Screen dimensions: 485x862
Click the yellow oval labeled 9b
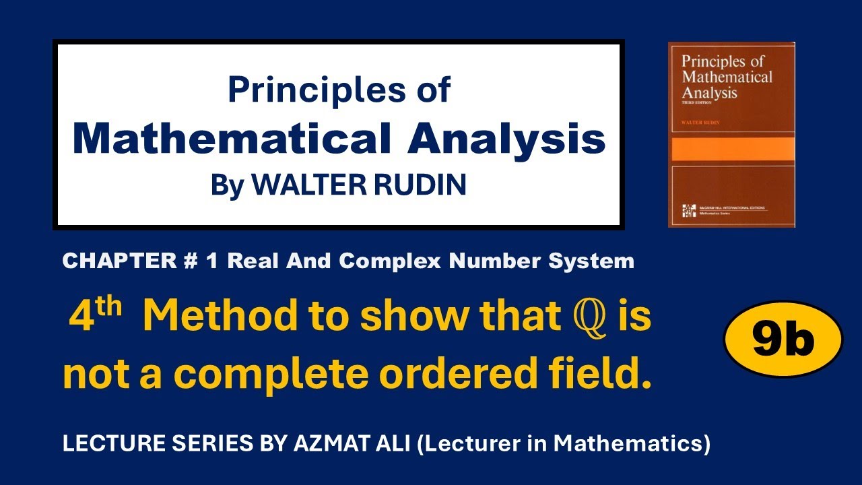pos(783,341)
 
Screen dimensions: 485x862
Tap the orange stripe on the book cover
pos(731,149)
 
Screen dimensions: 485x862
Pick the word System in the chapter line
pos(593,261)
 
